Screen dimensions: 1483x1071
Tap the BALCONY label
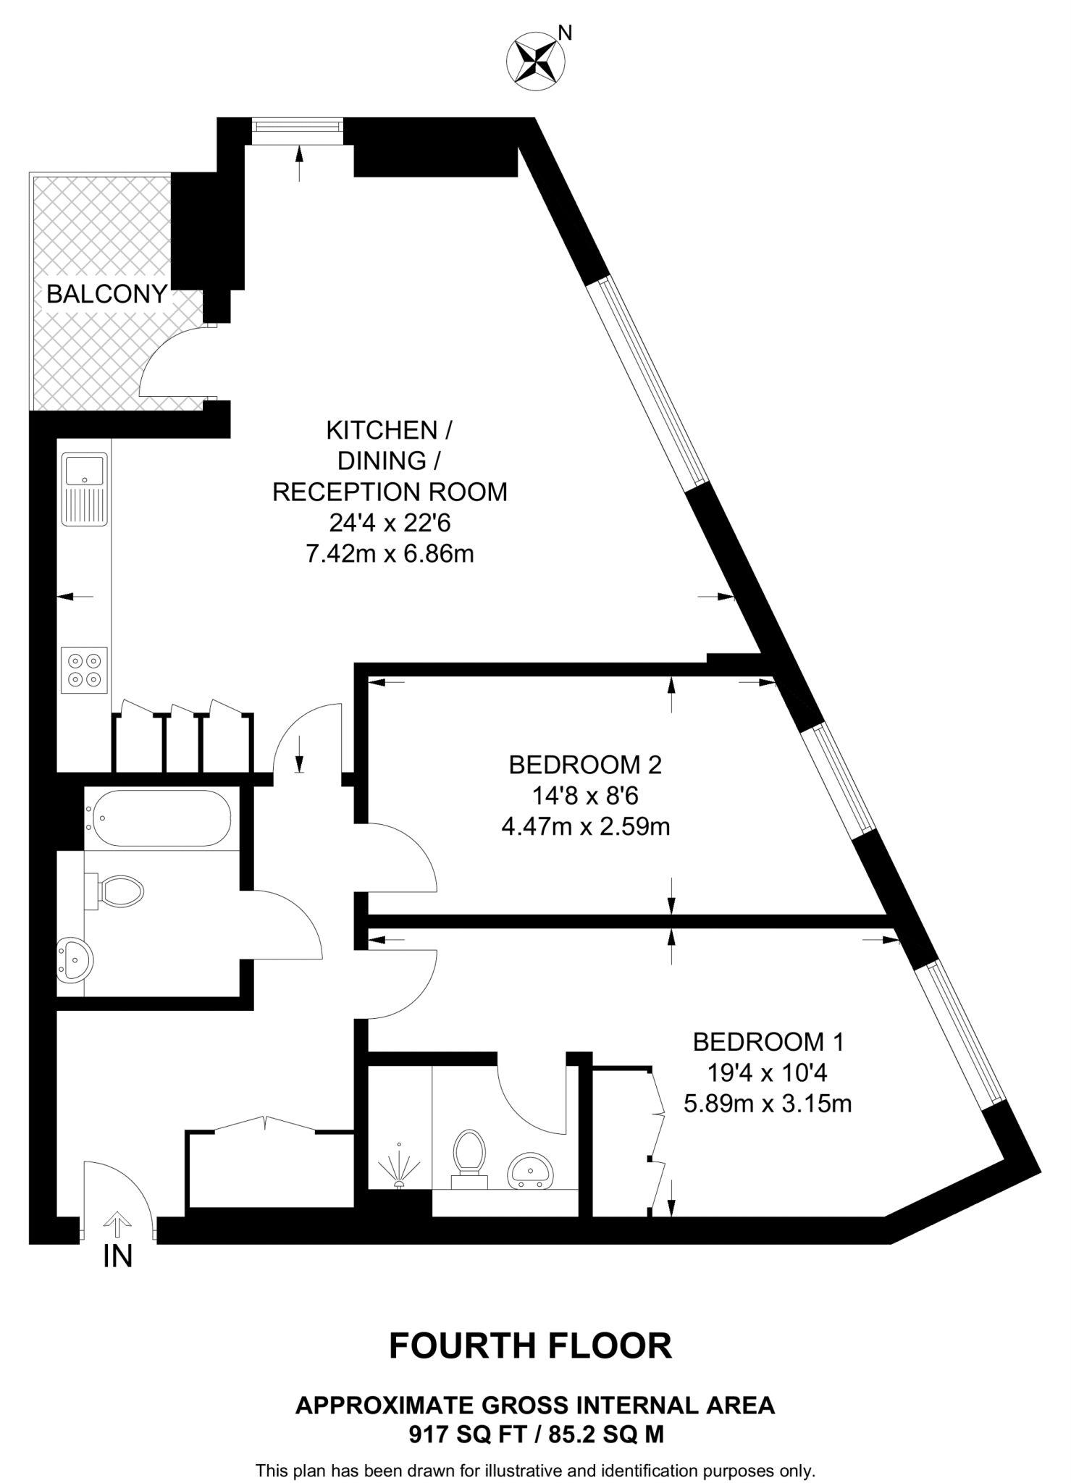(106, 294)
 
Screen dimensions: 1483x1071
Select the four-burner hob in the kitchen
(84, 670)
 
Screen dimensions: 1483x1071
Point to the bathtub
(158, 818)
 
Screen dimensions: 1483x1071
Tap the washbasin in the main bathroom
(74, 959)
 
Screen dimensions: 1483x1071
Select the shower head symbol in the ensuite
(398, 1165)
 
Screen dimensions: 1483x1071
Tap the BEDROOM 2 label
(585, 765)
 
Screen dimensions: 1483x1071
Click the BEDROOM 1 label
(768, 1041)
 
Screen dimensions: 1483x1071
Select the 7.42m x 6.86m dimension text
(390, 554)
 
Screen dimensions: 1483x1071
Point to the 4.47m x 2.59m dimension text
(585, 826)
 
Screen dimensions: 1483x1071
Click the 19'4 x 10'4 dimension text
(768, 1072)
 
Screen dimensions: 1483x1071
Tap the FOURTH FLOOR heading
(531, 1345)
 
